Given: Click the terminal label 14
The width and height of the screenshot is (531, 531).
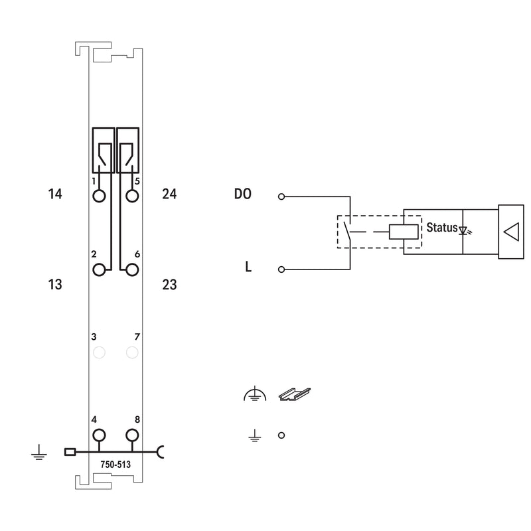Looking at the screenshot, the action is point(55,194).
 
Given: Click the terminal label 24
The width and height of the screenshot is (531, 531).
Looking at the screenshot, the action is point(169,194).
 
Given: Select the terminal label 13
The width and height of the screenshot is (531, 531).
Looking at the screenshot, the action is point(55,285).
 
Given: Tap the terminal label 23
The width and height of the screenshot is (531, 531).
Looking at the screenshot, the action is point(169,285).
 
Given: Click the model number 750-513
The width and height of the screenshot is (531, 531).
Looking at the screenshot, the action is point(115,464).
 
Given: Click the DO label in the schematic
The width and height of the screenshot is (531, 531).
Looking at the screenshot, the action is point(243,194).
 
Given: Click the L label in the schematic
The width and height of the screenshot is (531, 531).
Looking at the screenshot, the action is point(248,267).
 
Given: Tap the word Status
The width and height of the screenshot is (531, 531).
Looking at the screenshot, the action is point(442,227).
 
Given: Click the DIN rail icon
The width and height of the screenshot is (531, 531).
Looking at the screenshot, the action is point(294,394).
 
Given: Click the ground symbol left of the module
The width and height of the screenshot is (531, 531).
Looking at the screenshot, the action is point(39,453).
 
